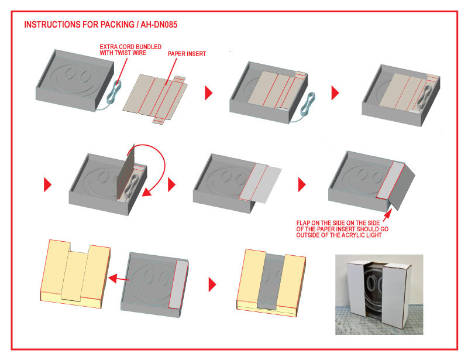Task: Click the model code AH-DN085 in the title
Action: click(x=159, y=25)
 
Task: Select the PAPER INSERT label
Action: click(x=187, y=54)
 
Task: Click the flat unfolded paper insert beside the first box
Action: click(x=155, y=98)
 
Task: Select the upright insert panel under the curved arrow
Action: click(x=125, y=173)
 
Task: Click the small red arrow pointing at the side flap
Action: click(x=388, y=215)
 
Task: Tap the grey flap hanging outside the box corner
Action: click(x=402, y=187)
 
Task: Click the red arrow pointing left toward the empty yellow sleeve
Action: click(x=119, y=279)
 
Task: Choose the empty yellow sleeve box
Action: click(x=75, y=274)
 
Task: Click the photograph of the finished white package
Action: click(x=379, y=294)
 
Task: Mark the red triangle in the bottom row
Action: click(x=212, y=284)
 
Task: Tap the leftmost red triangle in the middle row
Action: click(x=47, y=184)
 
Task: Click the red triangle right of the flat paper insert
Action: click(x=209, y=93)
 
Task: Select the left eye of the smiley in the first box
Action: click(x=70, y=73)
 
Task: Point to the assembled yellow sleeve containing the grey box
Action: click(x=271, y=283)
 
